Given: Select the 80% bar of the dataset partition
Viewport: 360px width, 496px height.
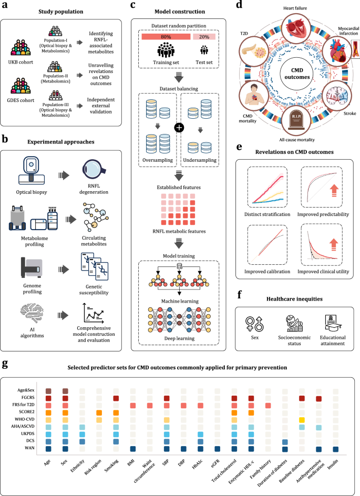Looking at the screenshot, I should (166, 37).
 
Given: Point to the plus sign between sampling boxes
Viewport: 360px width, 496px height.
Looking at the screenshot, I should (179, 130).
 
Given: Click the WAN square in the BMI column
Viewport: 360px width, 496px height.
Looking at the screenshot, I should (132, 448).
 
